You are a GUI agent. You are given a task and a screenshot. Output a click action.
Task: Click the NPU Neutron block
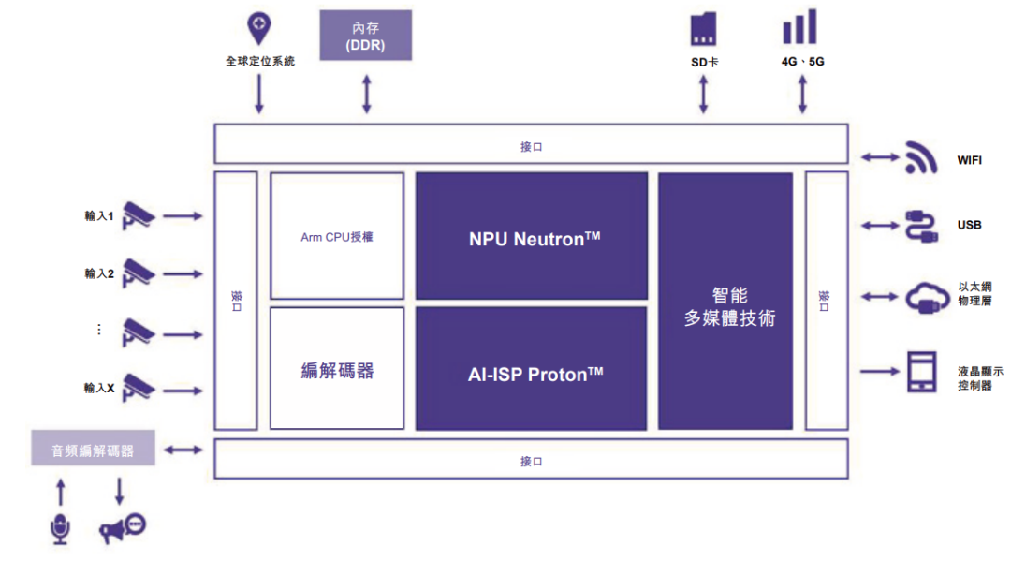click(532, 236)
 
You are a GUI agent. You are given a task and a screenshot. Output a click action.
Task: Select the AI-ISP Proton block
click(532, 369)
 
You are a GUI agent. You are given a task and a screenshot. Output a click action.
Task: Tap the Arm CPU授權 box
click(337, 236)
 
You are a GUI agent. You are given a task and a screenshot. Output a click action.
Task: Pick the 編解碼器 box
click(337, 369)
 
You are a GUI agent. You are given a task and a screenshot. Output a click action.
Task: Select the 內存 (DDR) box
click(366, 37)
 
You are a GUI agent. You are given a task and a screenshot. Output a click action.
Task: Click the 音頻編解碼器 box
click(93, 450)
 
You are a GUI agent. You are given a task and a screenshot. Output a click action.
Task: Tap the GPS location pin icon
click(259, 29)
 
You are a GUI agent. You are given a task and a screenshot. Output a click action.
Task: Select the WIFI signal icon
click(922, 159)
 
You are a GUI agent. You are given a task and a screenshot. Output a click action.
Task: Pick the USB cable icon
click(922, 226)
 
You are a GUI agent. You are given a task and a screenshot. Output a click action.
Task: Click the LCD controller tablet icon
click(922, 372)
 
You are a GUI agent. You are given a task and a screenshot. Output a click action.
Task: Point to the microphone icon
click(61, 528)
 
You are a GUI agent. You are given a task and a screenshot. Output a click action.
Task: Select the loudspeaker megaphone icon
click(123, 528)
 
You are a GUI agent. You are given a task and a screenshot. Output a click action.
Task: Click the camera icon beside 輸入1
click(139, 215)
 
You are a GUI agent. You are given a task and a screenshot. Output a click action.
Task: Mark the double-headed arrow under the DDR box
click(366, 94)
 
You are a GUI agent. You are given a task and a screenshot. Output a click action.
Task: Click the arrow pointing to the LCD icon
click(881, 372)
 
